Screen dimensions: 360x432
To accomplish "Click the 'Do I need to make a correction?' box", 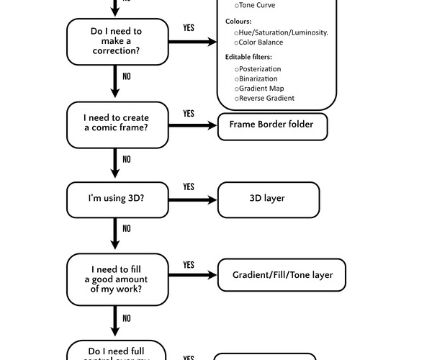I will [117, 41].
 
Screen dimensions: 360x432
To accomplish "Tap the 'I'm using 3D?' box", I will [117, 199].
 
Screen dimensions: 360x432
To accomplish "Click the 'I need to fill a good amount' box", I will [117, 279].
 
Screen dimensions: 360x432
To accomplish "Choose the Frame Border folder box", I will [271, 125].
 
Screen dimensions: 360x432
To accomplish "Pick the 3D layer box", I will [268, 199].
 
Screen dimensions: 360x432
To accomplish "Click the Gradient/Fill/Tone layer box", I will [282, 275].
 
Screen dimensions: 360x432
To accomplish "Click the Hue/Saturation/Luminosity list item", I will [281, 32].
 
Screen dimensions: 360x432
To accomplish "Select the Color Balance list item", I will [260, 42].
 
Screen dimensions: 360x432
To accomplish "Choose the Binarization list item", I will [257, 78].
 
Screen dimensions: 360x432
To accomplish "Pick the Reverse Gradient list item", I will [264, 98].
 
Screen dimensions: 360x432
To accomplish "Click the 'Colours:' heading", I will [238, 22].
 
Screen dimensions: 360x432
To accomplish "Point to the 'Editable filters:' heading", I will [248, 57].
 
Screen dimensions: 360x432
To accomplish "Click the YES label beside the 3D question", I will [189, 187].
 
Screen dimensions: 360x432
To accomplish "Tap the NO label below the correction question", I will [127, 76].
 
